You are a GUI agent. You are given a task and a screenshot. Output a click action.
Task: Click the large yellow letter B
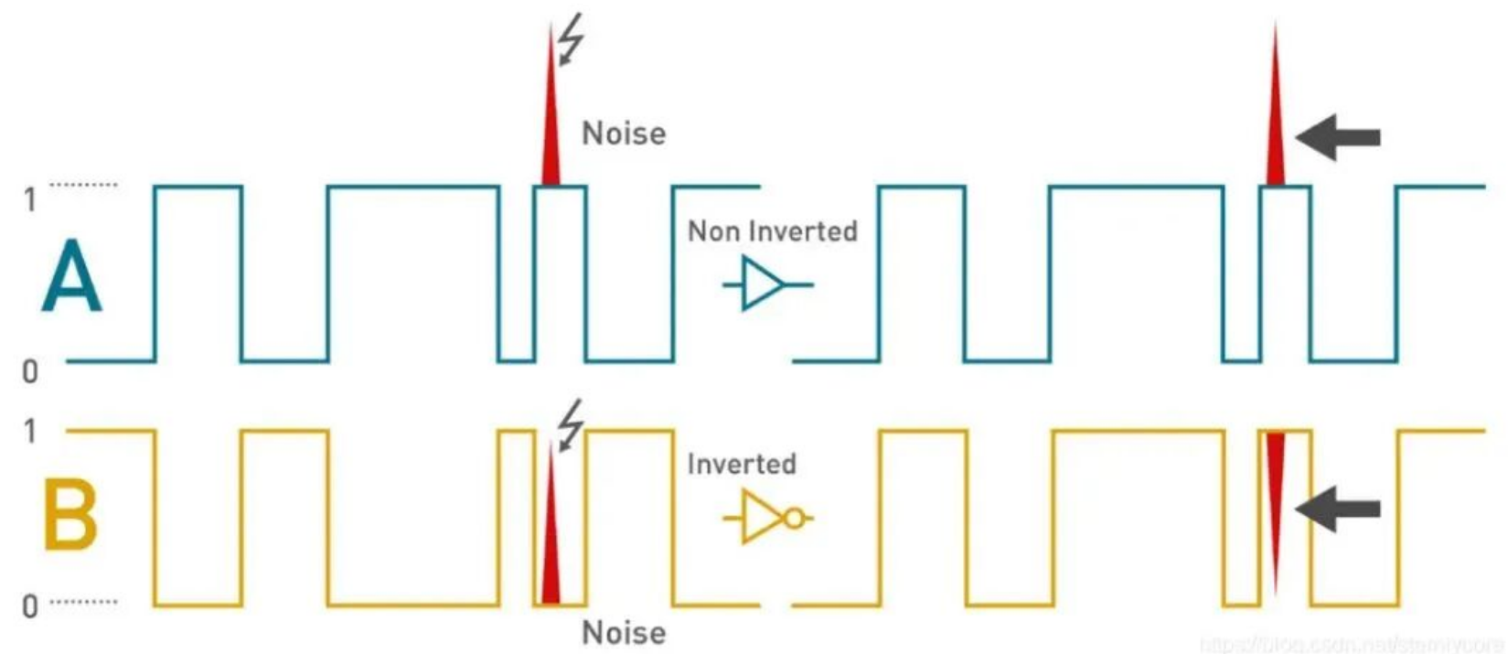coord(70,516)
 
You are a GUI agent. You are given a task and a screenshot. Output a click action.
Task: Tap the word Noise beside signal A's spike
coord(624,134)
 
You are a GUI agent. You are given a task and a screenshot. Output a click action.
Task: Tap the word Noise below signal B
coord(624,633)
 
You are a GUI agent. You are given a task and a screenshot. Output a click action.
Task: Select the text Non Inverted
coord(773,231)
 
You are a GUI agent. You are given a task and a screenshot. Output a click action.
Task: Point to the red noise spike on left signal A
coord(551,119)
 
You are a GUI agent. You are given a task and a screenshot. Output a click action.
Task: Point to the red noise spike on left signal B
coord(550,540)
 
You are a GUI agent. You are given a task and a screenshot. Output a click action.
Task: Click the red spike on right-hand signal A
coord(1275,119)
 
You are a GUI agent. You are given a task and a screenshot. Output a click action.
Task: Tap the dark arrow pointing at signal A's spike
coord(1338,138)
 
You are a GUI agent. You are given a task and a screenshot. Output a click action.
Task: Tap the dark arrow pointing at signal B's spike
coord(1338,509)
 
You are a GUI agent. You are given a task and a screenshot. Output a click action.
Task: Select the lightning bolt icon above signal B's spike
coord(571,423)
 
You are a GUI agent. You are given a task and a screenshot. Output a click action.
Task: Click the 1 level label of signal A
coord(30,199)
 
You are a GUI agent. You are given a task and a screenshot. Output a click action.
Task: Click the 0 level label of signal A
coord(30,370)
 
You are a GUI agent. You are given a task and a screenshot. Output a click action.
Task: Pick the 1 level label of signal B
coord(30,431)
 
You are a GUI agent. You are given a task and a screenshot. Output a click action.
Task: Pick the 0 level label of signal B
coord(30,606)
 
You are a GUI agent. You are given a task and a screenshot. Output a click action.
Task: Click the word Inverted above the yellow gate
coord(742,464)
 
